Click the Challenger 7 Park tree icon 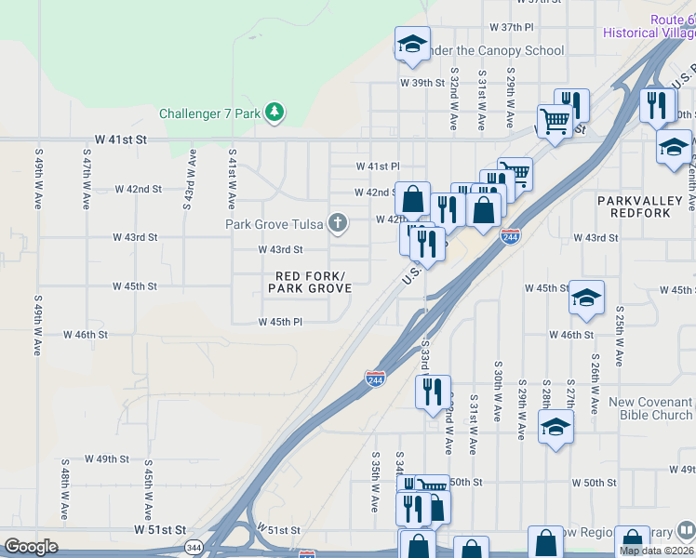click(x=274, y=113)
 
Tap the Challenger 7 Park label click(x=210, y=114)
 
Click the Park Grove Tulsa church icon click(x=339, y=223)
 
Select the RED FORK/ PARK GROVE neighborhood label click(x=310, y=283)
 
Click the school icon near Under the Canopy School click(x=412, y=44)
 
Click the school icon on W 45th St click(x=586, y=298)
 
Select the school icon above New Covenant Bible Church click(x=555, y=427)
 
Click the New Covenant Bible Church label click(x=650, y=408)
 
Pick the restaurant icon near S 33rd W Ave click(x=433, y=392)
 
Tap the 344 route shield click(x=194, y=546)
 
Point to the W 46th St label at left click(x=86, y=334)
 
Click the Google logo click(x=32, y=547)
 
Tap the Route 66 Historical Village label click(x=649, y=26)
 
